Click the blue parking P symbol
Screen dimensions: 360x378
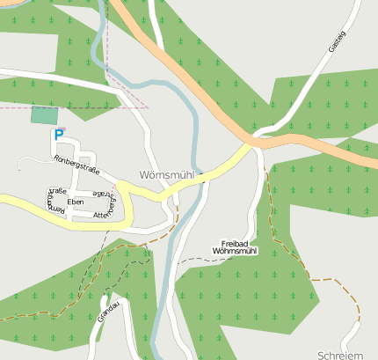click(x=59, y=135)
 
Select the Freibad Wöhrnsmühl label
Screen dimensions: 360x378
click(x=235, y=246)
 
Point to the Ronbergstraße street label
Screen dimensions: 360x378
click(x=76, y=165)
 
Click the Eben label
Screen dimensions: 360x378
click(x=76, y=202)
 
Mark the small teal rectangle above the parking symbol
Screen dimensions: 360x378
click(x=41, y=114)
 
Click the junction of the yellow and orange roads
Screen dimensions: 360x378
click(x=251, y=143)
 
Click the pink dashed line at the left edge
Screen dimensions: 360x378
click(x=4, y=107)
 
